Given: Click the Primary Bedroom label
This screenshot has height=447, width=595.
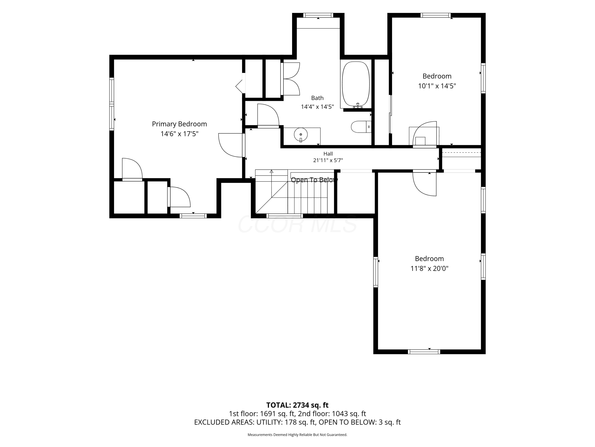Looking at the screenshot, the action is (x=179, y=124).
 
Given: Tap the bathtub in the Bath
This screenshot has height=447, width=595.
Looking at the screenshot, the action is (x=356, y=84).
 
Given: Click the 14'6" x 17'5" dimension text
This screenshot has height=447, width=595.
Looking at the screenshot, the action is (x=179, y=134).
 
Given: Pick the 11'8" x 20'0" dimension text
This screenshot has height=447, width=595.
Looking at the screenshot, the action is (x=429, y=269).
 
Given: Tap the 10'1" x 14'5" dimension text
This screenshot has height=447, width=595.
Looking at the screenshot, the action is (x=437, y=86).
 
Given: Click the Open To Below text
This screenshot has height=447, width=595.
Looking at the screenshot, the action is (x=314, y=180).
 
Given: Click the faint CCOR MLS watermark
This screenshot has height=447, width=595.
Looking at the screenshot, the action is (x=297, y=224).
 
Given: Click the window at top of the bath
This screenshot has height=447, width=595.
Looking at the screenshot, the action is (x=318, y=15).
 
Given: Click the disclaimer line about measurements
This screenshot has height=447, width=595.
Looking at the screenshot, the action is (x=297, y=435).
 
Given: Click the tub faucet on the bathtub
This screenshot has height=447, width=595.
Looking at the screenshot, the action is (x=358, y=106).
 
